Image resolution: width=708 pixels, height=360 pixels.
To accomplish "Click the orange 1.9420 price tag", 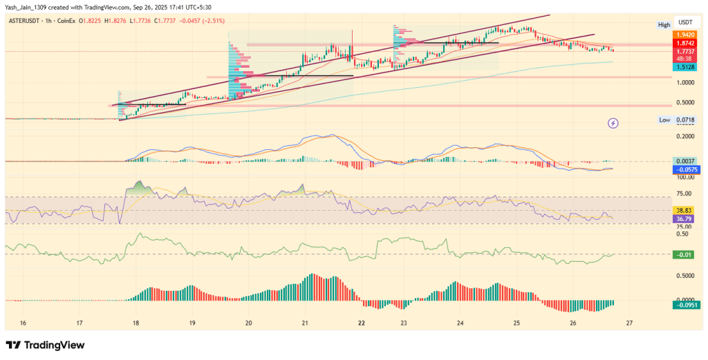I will click(684, 34).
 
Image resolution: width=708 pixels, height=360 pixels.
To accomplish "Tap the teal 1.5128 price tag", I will click(684, 67).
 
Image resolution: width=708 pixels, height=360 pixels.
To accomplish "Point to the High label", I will click(664, 25).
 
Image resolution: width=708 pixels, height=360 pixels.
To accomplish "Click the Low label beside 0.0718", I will click(664, 120).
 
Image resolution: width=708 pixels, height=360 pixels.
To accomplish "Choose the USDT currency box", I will click(684, 21).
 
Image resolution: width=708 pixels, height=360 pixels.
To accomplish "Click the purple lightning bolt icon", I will click(613, 124).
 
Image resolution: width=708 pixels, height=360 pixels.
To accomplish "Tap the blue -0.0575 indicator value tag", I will click(684, 169).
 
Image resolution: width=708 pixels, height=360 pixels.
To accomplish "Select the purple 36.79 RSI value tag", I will click(684, 219).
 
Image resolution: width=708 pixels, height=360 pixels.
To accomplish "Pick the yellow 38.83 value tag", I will click(684, 210).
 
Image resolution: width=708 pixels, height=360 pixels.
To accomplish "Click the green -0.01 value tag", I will click(684, 255).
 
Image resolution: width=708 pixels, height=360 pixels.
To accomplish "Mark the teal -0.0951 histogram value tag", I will click(684, 305).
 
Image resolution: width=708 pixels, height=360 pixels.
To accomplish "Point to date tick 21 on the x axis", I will click(305, 323).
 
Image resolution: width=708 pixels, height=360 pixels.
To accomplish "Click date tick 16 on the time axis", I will click(23, 323).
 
